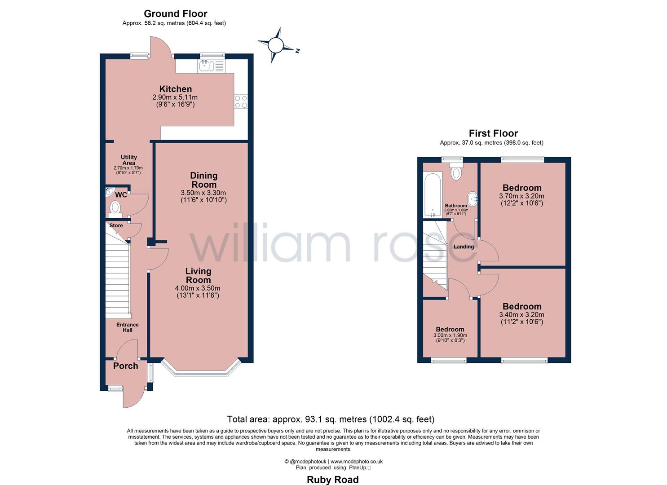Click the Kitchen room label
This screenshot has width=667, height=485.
175,89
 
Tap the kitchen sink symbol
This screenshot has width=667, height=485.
211,66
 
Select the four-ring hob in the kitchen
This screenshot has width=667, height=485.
241,101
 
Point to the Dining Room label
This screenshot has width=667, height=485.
204,180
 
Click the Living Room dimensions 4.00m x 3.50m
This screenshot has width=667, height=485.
198,288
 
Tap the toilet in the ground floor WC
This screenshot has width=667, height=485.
115,209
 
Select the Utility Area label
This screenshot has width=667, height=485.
128,160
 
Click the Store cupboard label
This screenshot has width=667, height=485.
116,225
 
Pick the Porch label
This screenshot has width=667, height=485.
126,366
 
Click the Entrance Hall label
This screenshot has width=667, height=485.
128,327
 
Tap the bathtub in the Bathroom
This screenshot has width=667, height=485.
433,195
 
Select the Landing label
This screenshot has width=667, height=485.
464,247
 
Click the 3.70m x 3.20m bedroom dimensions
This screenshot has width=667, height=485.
521,196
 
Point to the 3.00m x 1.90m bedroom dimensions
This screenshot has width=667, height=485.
450,335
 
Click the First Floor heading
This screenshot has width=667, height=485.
494,133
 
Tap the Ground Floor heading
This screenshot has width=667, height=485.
175,13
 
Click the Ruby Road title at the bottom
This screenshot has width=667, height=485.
333,480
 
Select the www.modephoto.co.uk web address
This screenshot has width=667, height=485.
357,462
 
